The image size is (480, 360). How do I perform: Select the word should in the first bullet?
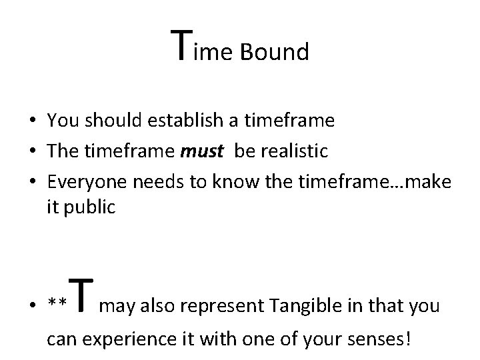[x=97, y=121]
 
